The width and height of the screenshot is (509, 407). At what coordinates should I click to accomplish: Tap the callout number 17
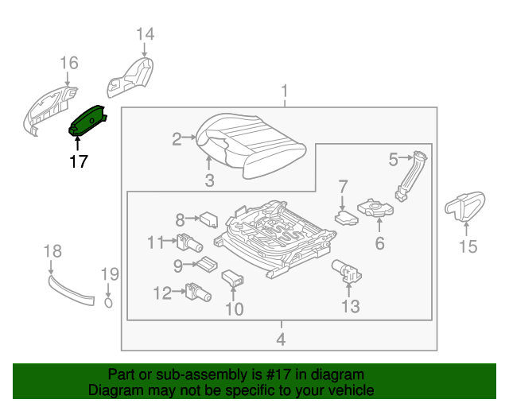click(78, 161)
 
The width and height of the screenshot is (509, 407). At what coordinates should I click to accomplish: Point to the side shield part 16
click(48, 107)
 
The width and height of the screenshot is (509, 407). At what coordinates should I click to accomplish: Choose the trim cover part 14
click(130, 79)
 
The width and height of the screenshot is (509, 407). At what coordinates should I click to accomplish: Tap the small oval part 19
click(110, 300)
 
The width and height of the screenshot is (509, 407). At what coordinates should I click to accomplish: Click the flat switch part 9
click(208, 264)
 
